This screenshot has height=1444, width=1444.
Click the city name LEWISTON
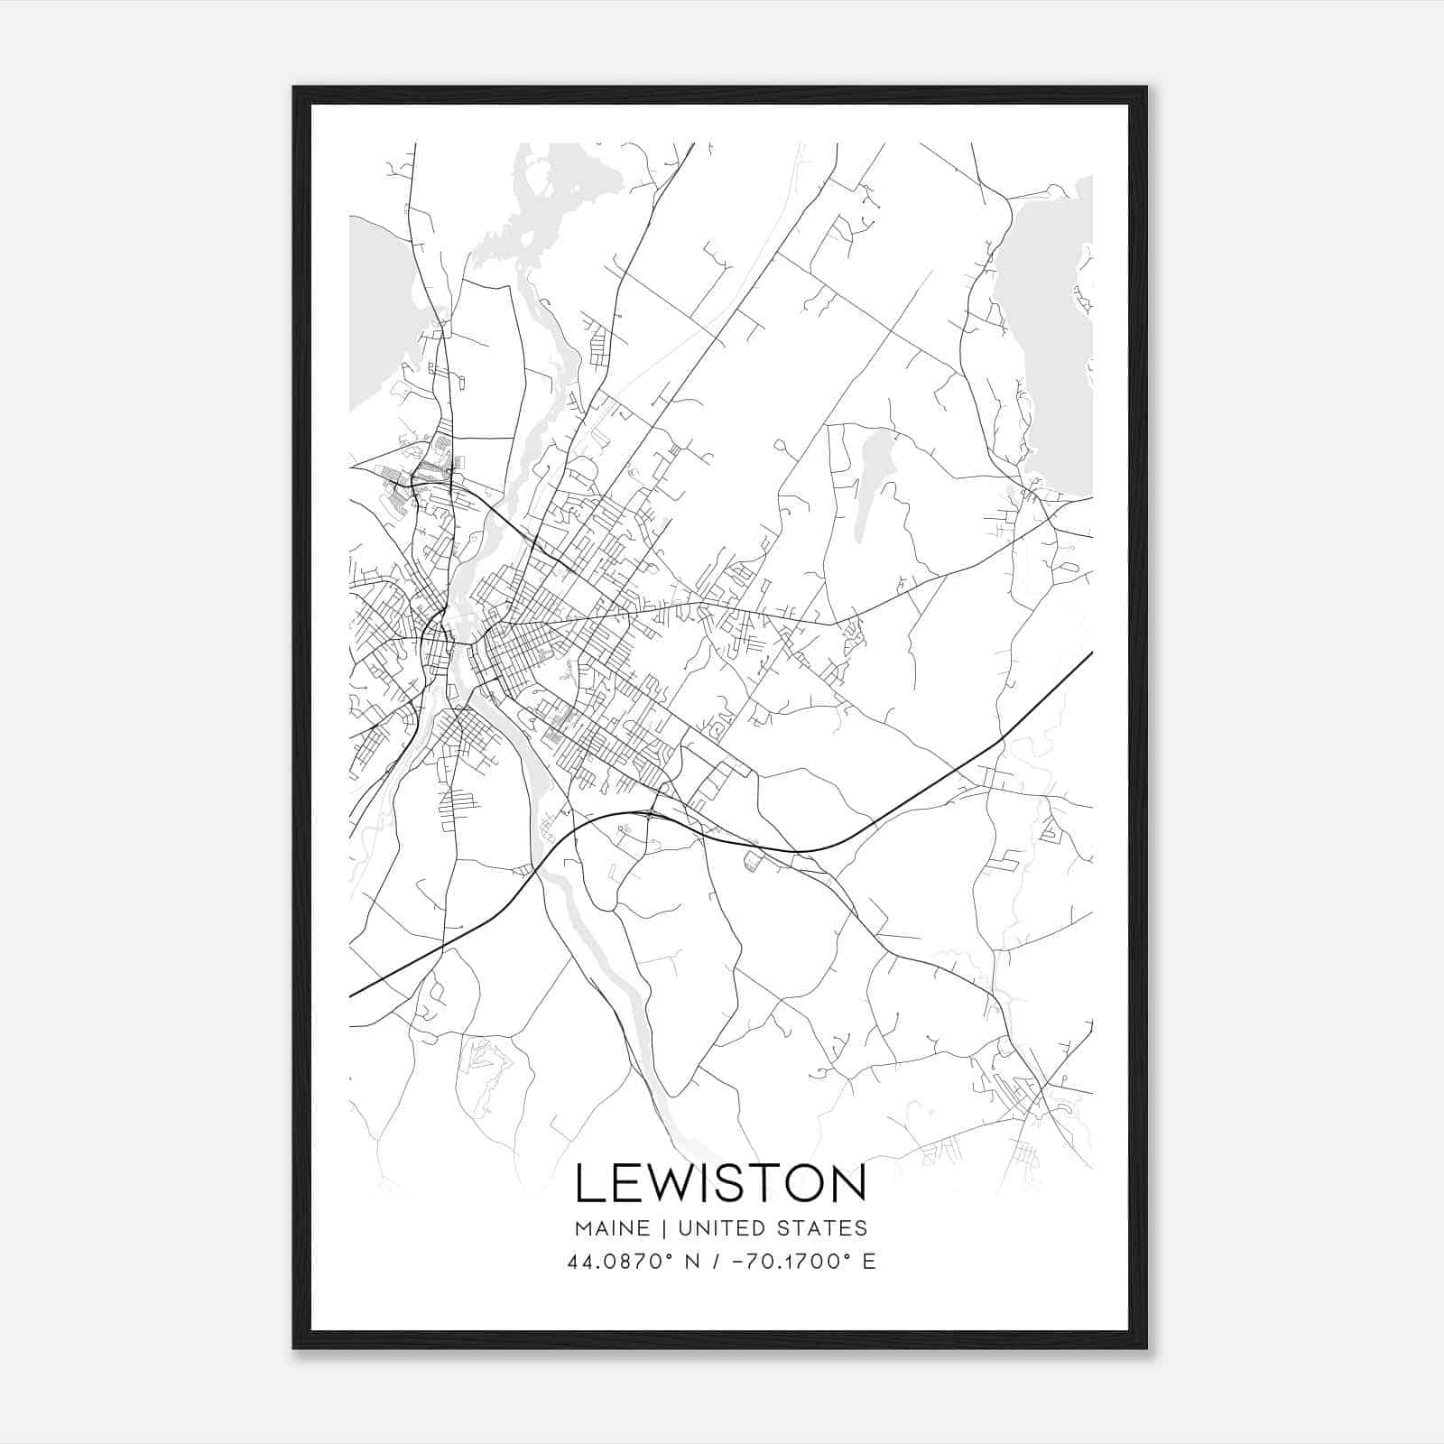pos(720,1183)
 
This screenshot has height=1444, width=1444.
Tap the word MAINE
pos(612,1228)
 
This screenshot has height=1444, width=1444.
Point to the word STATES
pos(822,1228)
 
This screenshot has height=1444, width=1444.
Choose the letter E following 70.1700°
pos(869,1262)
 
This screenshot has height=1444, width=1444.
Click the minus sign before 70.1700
pos(736,1262)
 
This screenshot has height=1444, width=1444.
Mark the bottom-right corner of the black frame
pos(1146,1348)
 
